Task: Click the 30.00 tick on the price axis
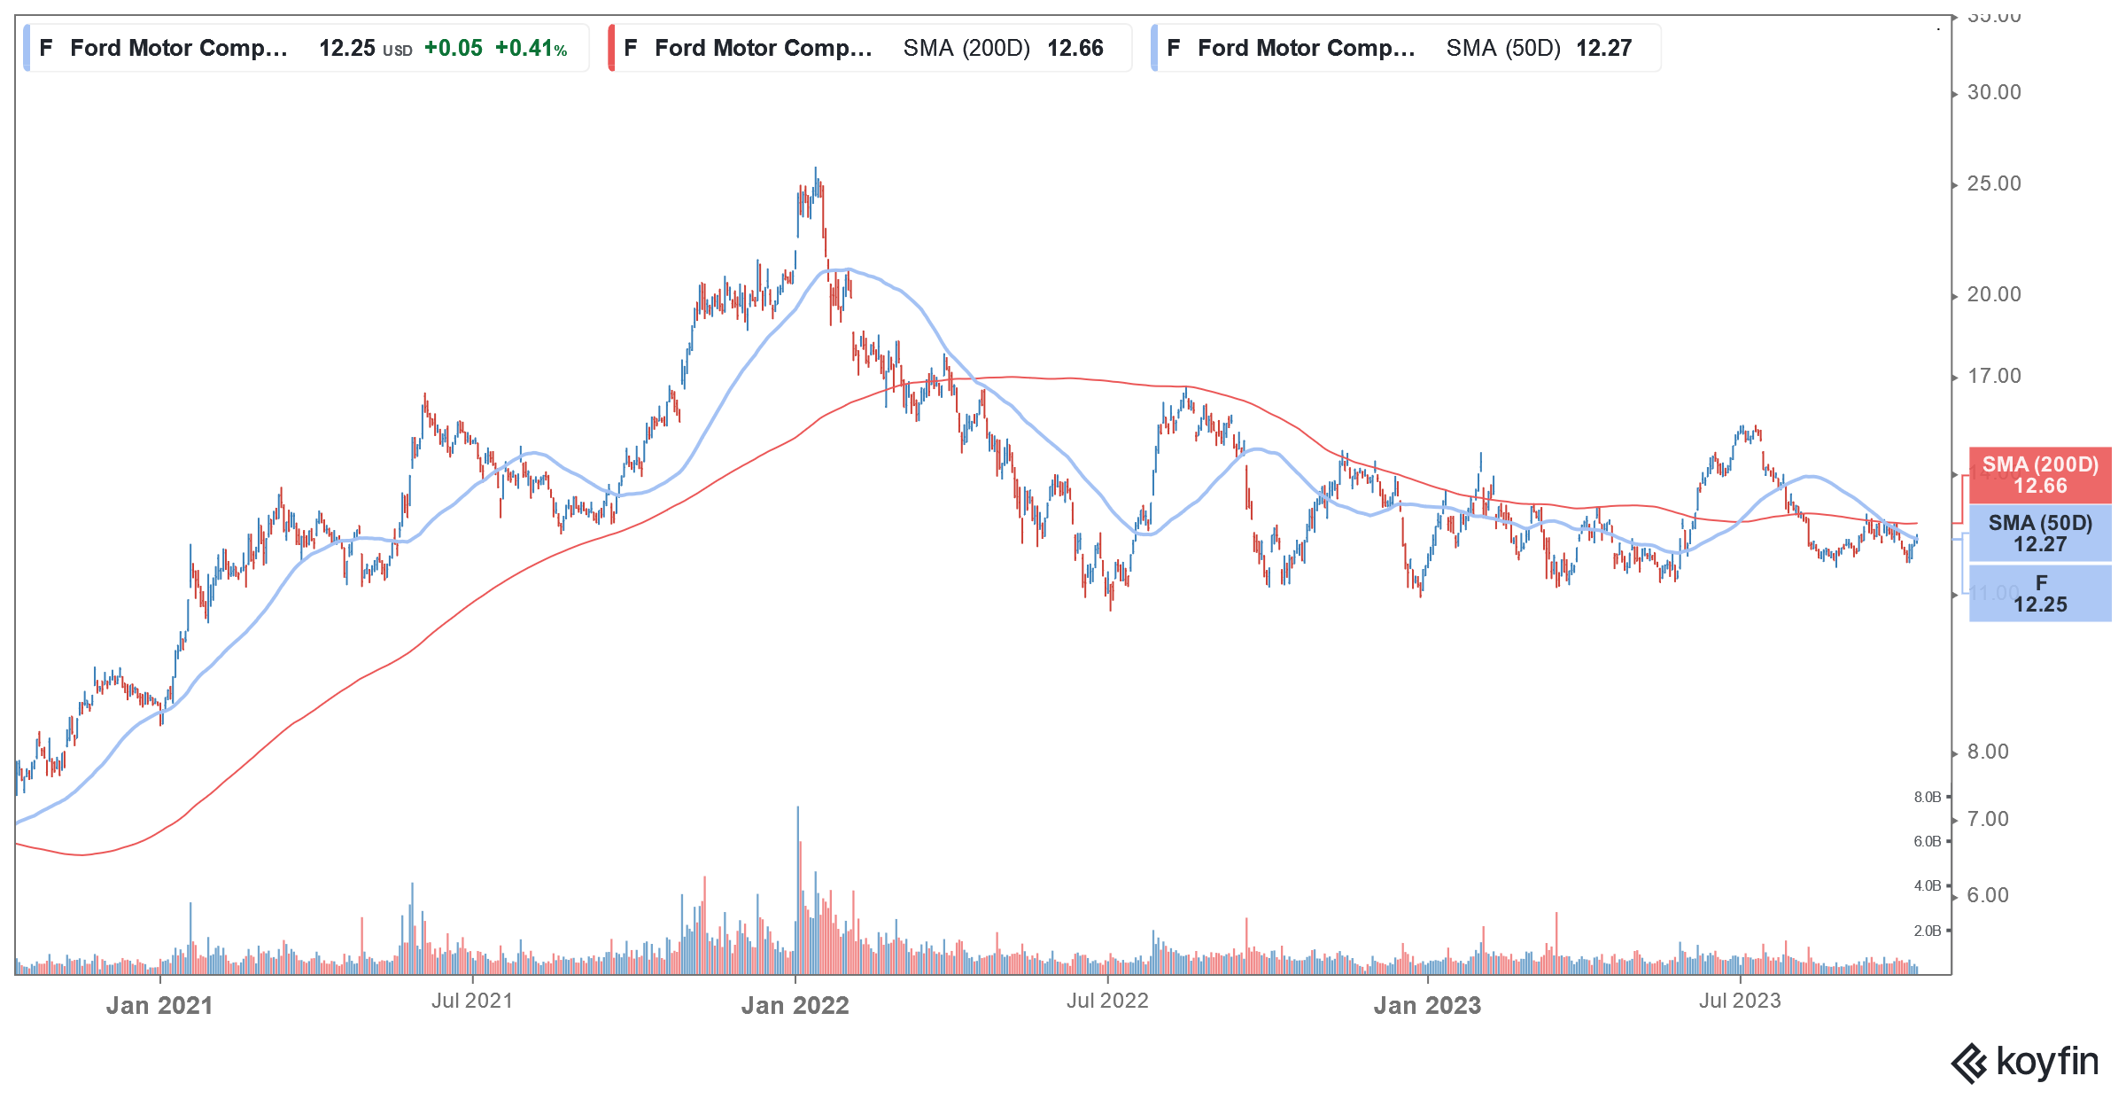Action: (1993, 93)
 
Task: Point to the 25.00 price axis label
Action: (1993, 184)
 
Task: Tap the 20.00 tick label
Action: (1993, 295)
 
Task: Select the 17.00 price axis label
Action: (1993, 377)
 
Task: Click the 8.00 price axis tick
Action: (1987, 752)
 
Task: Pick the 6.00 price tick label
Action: (1987, 896)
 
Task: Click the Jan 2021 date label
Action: (159, 1006)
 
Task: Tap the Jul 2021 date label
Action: (472, 1002)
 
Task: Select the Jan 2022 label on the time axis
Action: (795, 1006)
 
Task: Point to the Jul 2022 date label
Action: (1107, 1002)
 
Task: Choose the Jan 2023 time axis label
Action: (1427, 1006)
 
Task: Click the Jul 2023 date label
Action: (1740, 1002)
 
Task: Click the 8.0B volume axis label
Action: (1927, 798)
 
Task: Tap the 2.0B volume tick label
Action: (1927, 931)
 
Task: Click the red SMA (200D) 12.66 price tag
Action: (2040, 476)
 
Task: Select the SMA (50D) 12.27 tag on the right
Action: (2040, 534)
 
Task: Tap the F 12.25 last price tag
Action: (2040, 594)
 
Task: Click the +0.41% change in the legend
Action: (531, 49)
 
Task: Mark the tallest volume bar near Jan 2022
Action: (797, 886)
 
